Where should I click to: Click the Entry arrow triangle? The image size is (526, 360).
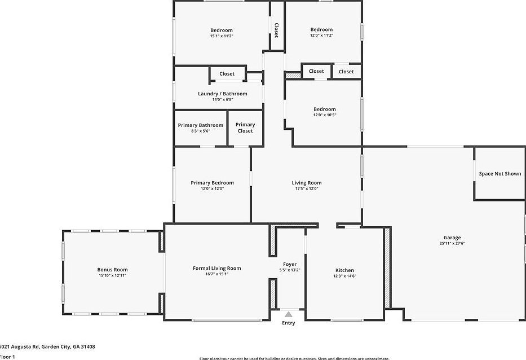(289, 314)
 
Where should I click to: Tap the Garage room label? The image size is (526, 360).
(452, 238)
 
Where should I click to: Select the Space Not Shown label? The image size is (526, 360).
(500, 174)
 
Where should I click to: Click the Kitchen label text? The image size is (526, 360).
(344, 270)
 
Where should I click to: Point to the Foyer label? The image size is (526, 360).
(290, 264)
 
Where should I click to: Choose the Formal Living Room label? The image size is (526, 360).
(217, 268)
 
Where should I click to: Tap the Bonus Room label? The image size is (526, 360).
(112, 270)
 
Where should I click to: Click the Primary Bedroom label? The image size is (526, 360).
(212, 183)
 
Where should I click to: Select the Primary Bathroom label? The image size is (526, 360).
(200, 125)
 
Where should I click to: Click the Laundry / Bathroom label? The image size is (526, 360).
(222, 94)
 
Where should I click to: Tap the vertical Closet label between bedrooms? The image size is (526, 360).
(276, 30)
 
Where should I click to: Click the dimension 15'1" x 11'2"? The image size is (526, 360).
(222, 36)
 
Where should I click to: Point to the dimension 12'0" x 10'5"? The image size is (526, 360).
(324, 115)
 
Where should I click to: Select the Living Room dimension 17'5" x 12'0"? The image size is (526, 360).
(306, 188)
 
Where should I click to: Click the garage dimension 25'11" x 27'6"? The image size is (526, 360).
(452, 244)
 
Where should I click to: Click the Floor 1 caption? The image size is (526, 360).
(7, 357)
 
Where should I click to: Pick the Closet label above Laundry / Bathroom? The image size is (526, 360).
(227, 74)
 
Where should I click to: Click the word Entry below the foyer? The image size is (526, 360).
(288, 323)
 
